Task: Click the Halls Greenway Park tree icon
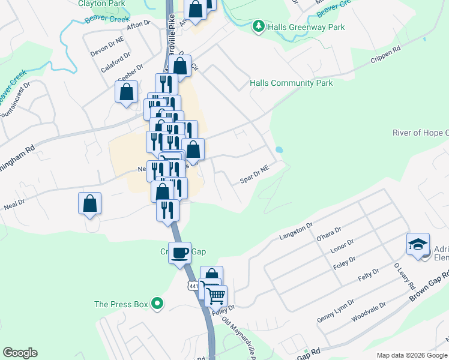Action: point(258,26)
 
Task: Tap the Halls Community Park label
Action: point(291,83)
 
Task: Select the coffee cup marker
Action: point(179,253)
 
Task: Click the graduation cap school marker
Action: point(417,244)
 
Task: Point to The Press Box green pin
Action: point(157,304)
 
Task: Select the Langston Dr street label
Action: point(297,232)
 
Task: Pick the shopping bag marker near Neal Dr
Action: point(89,203)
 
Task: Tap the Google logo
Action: point(20,353)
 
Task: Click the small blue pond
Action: point(279,149)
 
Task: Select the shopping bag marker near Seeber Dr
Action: point(126,92)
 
